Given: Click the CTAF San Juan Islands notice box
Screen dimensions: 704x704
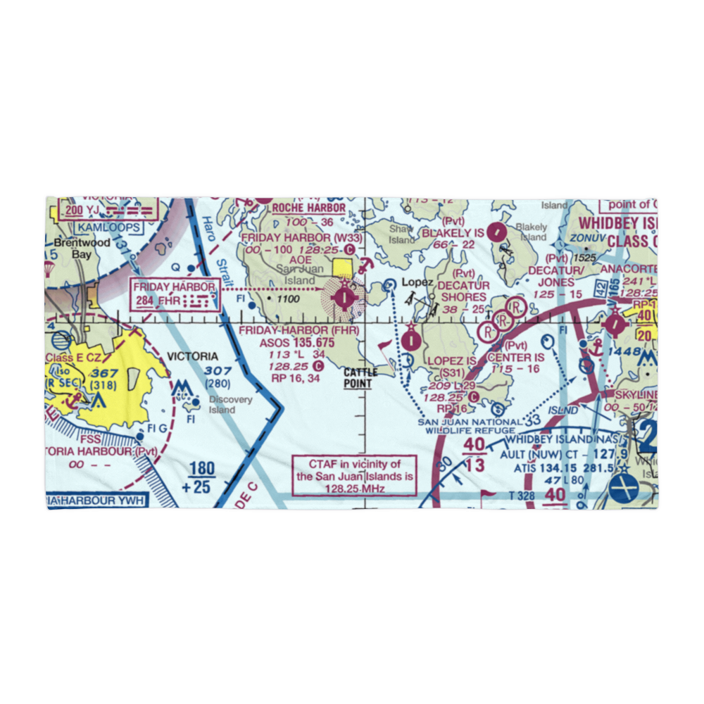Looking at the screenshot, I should click(x=354, y=475).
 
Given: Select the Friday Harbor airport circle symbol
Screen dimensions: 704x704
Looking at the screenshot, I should click(x=343, y=298).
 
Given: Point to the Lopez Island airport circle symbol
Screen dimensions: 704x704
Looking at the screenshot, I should click(x=411, y=341).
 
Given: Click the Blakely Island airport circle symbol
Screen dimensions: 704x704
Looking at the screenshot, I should click(x=497, y=230).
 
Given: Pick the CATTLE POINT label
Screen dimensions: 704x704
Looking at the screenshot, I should click(x=360, y=378).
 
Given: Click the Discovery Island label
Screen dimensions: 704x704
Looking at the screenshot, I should click(x=230, y=404).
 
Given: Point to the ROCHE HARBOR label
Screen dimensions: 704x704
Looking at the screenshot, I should click(x=308, y=208).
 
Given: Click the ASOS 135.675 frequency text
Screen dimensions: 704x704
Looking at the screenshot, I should click(x=299, y=342).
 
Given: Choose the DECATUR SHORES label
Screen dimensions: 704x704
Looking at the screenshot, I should click(x=463, y=291).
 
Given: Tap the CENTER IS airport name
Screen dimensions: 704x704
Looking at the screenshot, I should click(x=516, y=358).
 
